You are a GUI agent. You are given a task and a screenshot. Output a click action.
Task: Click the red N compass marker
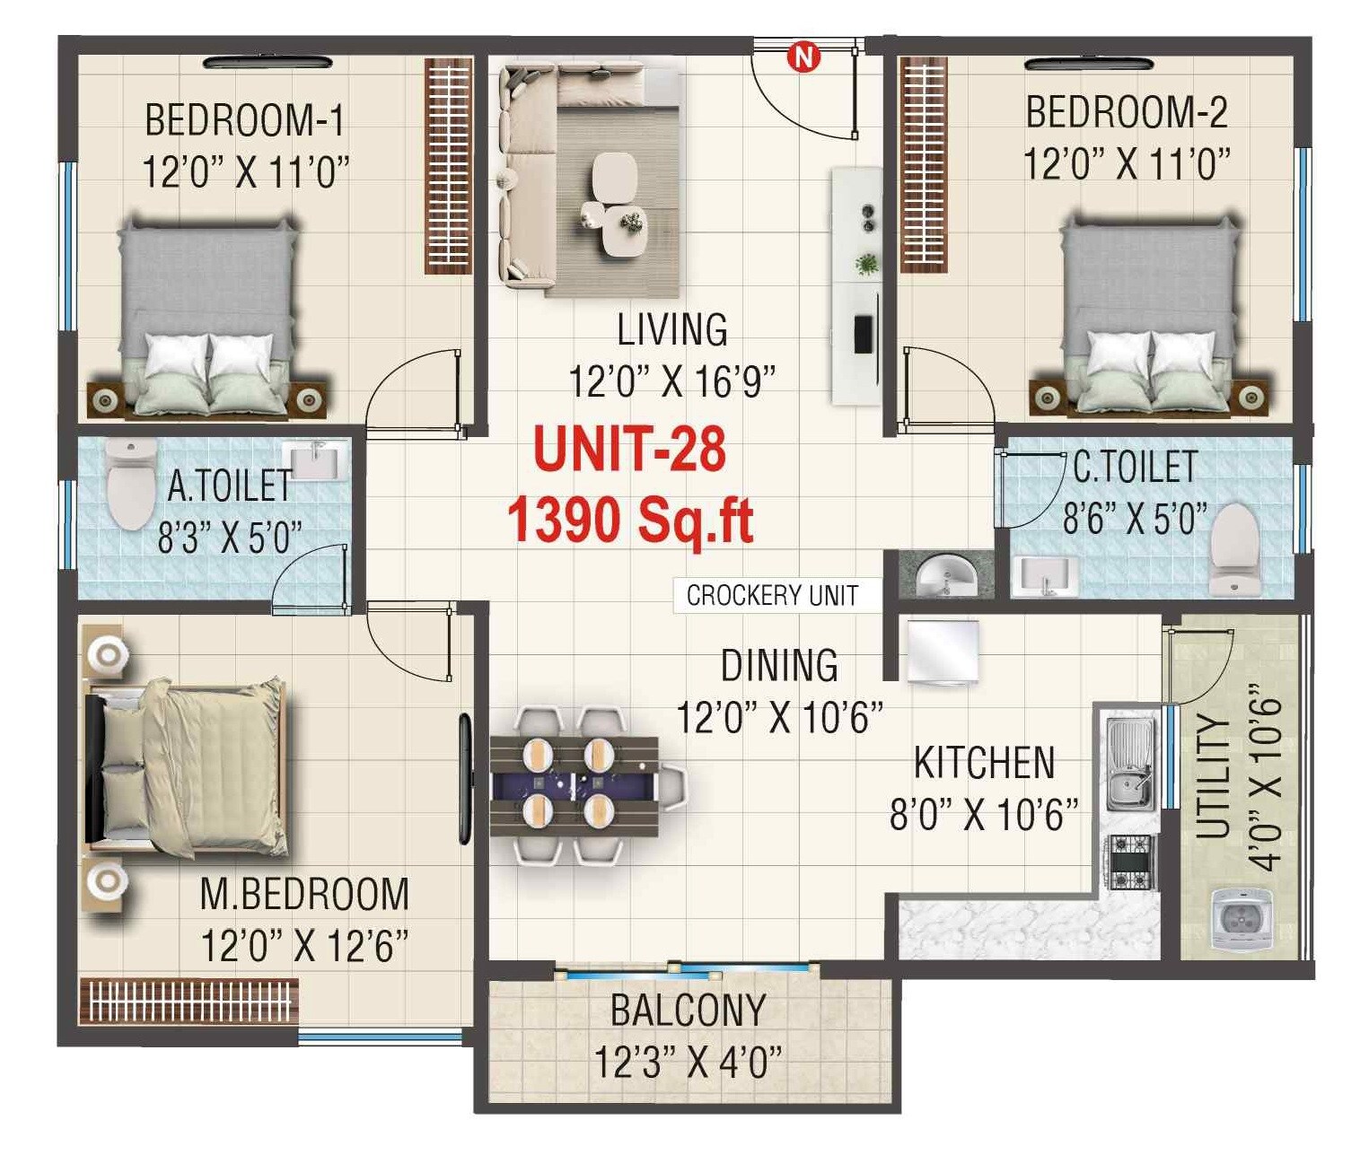(x=803, y=57)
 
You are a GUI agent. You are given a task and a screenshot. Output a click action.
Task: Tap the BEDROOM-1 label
(x=244, y=120)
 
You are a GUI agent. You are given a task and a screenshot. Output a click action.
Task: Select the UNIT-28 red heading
(x=629, y=450)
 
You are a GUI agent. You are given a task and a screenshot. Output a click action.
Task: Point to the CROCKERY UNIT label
(x=772, y=595)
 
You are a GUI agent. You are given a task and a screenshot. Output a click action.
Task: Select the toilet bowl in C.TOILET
(x=1233, y=548)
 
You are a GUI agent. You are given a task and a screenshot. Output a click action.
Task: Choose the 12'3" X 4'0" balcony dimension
(x=688, y=1063)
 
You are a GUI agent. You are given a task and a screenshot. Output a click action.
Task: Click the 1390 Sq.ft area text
(x=629, y=520)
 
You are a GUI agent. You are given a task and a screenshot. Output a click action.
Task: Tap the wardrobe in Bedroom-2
(x=923, y=164)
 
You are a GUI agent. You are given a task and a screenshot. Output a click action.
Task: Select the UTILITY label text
(x=1213, y=777)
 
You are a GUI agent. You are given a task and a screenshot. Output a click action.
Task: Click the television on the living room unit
(x=863, y=335)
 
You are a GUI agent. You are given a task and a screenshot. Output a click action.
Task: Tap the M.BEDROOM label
(x=303, y=894)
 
